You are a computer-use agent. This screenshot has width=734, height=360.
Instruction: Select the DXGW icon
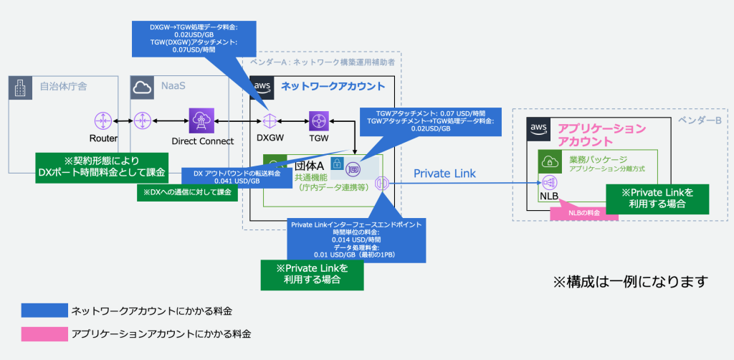(270, 120)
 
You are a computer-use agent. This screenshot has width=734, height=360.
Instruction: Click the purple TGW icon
(318, 120)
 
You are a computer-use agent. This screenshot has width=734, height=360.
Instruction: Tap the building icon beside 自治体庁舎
(20, 87)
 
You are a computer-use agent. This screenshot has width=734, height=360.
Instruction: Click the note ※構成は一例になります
(631, 281)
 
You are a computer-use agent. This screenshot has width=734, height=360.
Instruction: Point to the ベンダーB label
(700, 120)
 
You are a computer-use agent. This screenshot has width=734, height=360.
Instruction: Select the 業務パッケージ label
(599, 158)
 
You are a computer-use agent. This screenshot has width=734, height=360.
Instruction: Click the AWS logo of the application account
(539, 128)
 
